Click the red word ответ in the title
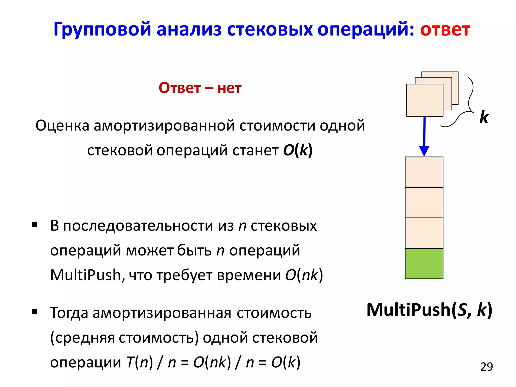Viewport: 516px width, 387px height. [445, 29]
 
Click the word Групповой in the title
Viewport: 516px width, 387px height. [102, 29]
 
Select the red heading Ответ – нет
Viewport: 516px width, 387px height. [200, 88]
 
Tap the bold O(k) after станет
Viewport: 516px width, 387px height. [298, 150]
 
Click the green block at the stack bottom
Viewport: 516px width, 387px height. [424, 264]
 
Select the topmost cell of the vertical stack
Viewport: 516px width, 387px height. [424, 172]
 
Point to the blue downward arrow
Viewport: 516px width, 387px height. [424, 136]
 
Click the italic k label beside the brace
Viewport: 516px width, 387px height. [484, 117]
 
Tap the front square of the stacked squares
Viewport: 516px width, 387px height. [425, 100]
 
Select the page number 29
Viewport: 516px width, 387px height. [486, 367]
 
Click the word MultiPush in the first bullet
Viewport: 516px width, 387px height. [86, 275]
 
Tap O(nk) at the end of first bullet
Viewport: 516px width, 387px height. [304, 275]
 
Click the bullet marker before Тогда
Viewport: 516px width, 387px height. [35, 312]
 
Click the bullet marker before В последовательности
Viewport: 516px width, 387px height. [35, 224]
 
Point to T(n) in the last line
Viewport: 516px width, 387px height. [140, 363]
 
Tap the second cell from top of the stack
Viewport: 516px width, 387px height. [424, 203]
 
